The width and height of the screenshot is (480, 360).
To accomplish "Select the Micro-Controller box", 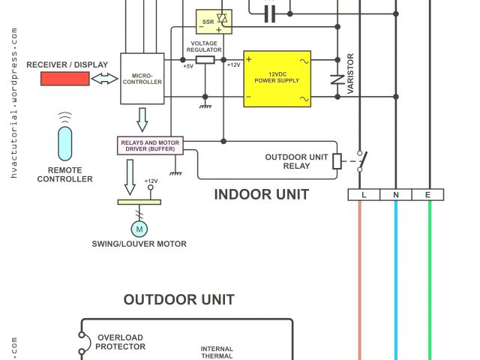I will [x=142, y=78].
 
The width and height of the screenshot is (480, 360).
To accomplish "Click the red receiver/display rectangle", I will [x=65, y=79].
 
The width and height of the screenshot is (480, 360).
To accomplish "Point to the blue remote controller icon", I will [x=66, y=143].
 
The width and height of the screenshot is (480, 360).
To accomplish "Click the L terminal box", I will [x=364, y=195].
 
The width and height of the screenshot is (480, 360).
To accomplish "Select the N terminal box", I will [x=396, y=195].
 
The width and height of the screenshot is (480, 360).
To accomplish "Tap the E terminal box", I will [x=428, y=195].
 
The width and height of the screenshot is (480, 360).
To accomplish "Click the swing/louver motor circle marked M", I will [x=139, y=228].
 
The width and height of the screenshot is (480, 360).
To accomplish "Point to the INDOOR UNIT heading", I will [x=262, y=195].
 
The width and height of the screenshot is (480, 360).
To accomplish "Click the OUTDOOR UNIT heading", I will [x=179, y=300].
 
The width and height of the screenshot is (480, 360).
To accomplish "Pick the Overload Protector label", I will [x=120, y=342].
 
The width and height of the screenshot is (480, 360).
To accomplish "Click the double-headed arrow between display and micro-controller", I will [x=104, y=78].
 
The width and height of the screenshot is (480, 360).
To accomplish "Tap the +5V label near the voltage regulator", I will [x=187, y=66].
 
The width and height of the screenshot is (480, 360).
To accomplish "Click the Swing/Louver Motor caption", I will [x=139, y=244].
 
